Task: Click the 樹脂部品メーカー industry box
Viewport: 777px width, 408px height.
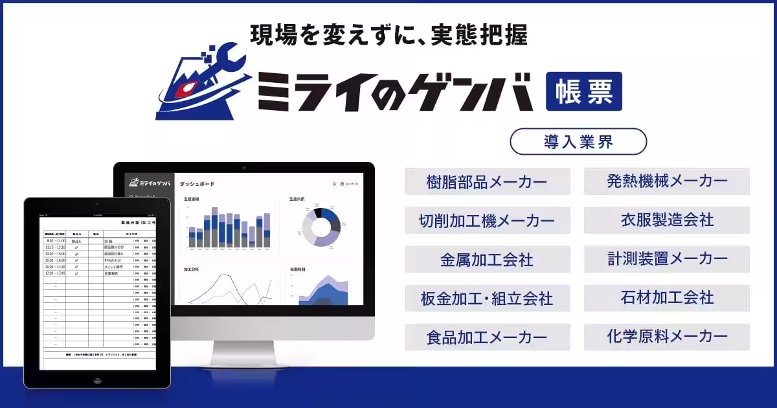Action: pos(487,181)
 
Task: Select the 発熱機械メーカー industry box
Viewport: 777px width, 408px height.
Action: pos(666,181)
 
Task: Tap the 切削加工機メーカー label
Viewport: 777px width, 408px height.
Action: pos(487,221)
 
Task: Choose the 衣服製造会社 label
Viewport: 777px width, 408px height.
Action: pos(666,220)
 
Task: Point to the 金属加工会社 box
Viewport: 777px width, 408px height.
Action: pos(487,260)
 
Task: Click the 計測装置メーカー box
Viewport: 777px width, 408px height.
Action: pos(666,259)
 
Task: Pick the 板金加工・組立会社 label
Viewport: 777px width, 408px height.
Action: pos(487,299)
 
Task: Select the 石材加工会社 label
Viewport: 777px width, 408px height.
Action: pos(666,298)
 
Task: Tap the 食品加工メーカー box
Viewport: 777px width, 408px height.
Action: pos(487,337)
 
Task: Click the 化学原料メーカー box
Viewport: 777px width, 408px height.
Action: pos(666,337)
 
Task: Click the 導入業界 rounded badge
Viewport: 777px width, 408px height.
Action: pos(578,142)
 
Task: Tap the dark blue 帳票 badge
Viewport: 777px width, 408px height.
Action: pos(583,91)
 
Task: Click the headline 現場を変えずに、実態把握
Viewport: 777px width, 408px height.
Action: pos(388,35)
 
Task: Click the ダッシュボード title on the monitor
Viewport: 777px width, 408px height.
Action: pos(197,184)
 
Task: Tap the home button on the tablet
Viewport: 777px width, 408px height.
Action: pos(97,380)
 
